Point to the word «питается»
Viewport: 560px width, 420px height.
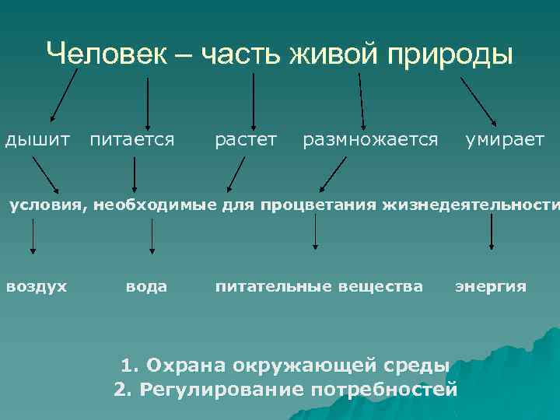click(131, 140)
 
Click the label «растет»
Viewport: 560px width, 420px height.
click(246, 140)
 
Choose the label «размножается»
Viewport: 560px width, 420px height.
click(370, 140)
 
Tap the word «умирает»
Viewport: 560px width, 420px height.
click(505, 140)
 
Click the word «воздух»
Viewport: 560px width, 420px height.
click(37, 286)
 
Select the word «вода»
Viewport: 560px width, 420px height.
click(146, 286)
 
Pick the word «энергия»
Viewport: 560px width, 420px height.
click(491, 286)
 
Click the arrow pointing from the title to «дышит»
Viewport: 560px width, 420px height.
click(64, 96)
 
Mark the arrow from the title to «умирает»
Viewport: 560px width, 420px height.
click(482, 100)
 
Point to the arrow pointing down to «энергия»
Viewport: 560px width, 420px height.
click(491, 232)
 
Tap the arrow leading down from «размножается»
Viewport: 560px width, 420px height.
click(334, 173)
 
